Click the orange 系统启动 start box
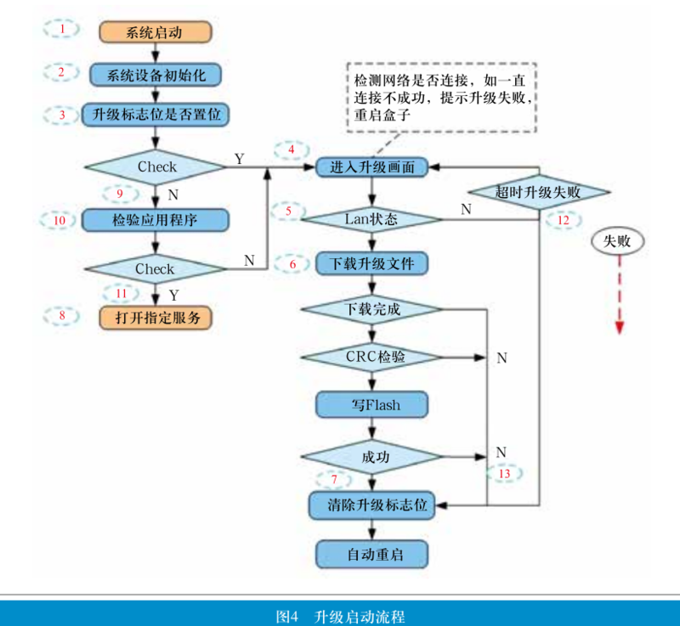point(154,33)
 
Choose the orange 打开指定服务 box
point(154,318)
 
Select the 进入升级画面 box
point(371,167)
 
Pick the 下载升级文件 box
point(371,263)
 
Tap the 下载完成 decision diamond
point(371,309)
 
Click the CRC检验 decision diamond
point(371,358)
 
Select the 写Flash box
point(371,405)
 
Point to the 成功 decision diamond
point(371,457)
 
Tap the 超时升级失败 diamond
point(540,193)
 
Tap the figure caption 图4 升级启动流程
point(340,614)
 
